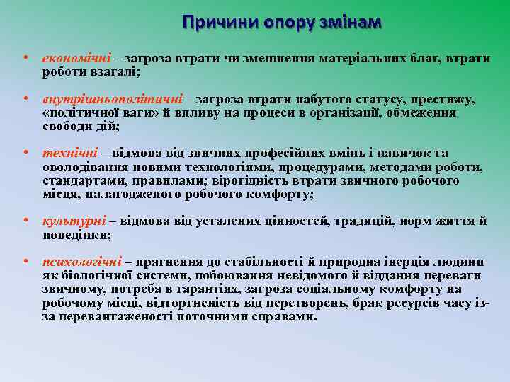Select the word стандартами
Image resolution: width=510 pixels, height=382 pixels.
78,180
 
